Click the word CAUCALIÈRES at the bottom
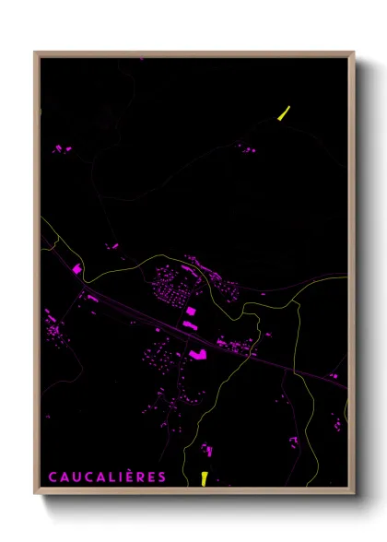pyautogui.click(x=107, y=477)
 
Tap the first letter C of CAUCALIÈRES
pyautogui.click(x=52, y=477)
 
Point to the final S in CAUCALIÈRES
pyautogui.click(x=162, y=477)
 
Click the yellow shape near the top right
pyautogui.click(x=284, y=113)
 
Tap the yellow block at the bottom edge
pyautogui.click(x=205, y=477)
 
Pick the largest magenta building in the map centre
pyautogui.click(x=196, y=353)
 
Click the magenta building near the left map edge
pyautogui.click(x=77, y=269)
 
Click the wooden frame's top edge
pyautogui.click(x=193, y=53)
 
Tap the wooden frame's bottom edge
pyautogui.click(x=193, y=493)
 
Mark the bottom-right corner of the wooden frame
pyautogui.click(x=354, y=494)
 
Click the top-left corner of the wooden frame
pyautogui.click(x=36, y=53)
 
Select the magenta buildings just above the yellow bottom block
pyautogui.click(x=207, y=451)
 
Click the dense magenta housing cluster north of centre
pyautogui.click(x=175, y=281)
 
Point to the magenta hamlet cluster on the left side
pyautogui.click(x=55, y=327)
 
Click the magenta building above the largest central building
pyautogui.click(x=191, y=312)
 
